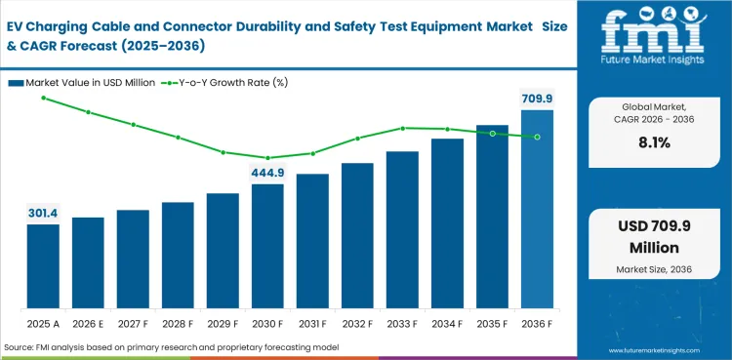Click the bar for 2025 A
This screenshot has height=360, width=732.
coord(43,265)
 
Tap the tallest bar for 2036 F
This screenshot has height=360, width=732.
coord(537,209)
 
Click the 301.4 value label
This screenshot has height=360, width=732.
coord(43,213)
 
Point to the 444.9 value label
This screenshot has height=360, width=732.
coord(267,173)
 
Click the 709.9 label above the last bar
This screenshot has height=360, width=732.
coord(536,99)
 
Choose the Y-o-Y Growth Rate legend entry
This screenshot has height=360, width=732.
coord(228,82)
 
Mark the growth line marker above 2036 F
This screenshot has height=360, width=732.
coord(537,137)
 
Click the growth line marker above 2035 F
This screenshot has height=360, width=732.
coord(492,133)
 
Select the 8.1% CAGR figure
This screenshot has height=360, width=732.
coord(653,142)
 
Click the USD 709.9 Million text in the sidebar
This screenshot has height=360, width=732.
coord(653,237)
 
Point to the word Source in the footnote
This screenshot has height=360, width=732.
coord(20,347)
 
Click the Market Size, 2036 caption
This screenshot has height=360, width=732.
coord(653,269)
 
